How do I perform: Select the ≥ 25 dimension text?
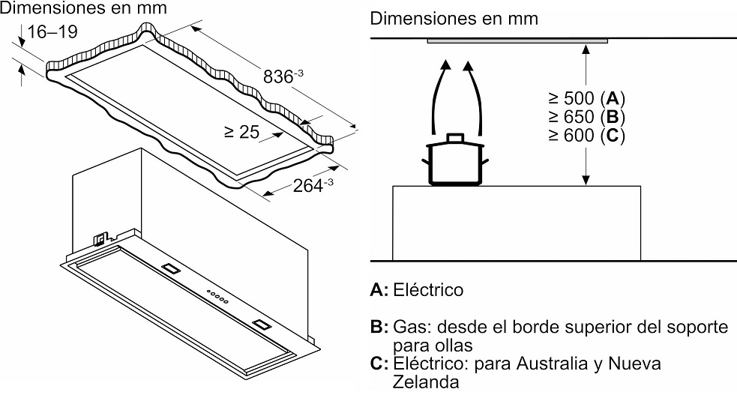click(x=241, y=133)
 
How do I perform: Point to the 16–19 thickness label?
click(x=50, y=31)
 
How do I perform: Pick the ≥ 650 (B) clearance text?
click(x=586, y=117)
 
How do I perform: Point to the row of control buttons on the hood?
click(x=217, y=295)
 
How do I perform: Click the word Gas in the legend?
click(x=406, y=328)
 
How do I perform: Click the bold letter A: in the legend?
click(x=379, y=289)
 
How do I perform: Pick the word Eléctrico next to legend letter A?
click(x=427, y=289)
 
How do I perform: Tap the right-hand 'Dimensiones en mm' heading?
click(x=454, y=19)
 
